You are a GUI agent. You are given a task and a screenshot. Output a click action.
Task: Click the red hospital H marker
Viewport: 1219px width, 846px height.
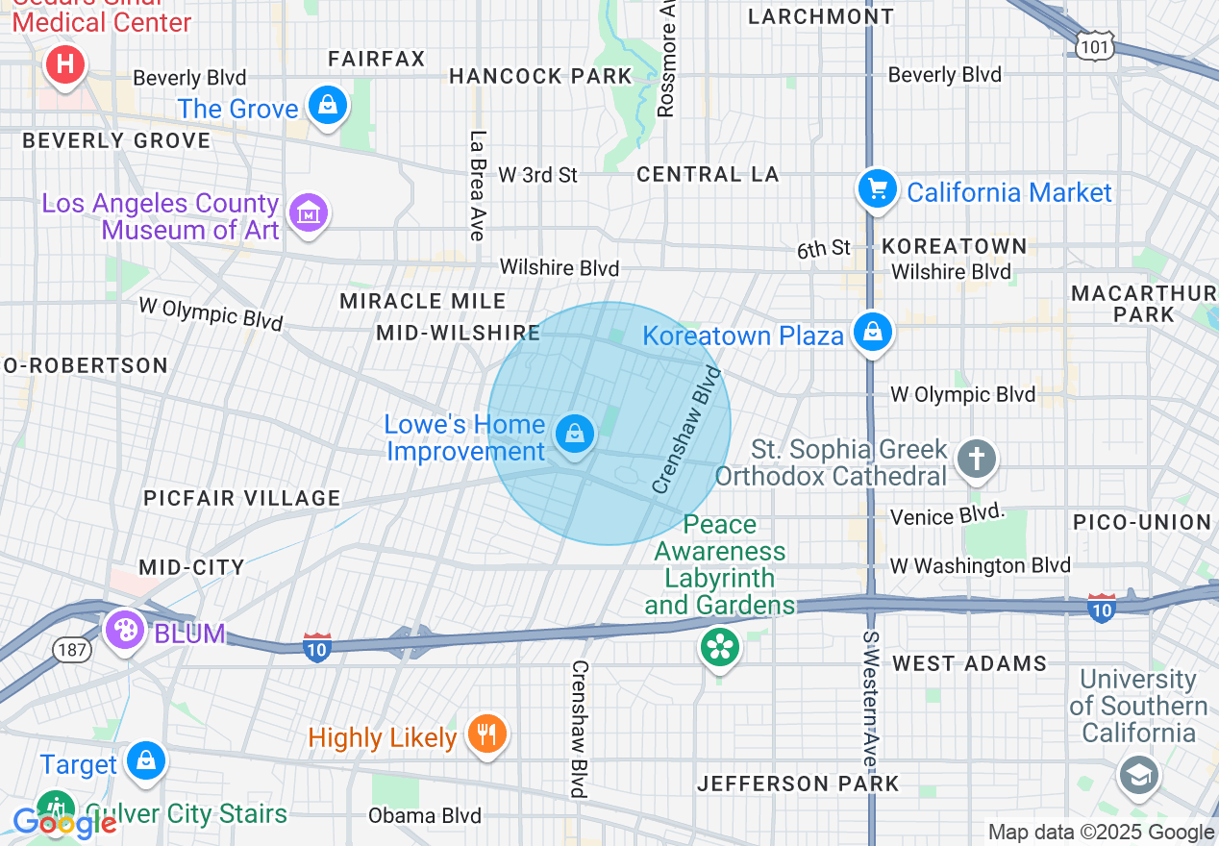64,65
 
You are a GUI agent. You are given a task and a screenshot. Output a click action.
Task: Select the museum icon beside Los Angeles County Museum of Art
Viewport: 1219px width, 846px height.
308,212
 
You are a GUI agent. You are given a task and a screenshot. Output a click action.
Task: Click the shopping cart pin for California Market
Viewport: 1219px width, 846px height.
877,187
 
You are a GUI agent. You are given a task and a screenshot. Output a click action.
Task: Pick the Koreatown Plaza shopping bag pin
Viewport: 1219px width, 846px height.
872,332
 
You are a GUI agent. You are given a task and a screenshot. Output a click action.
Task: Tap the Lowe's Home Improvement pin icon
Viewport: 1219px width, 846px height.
574,434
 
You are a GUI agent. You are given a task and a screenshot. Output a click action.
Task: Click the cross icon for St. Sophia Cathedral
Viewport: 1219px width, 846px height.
977,459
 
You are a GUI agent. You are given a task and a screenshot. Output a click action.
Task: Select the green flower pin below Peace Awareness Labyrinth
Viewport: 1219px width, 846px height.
719,646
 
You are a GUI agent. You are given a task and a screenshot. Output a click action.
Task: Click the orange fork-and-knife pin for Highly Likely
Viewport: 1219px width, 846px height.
486,734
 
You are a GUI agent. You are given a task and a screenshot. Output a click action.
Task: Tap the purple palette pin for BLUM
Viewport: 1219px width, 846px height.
125,631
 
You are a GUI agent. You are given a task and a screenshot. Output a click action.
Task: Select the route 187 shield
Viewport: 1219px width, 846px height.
73,650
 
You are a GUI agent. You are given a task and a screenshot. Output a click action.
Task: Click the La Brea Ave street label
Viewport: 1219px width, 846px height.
478,185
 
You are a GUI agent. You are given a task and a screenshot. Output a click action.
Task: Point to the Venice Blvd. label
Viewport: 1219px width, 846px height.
948,516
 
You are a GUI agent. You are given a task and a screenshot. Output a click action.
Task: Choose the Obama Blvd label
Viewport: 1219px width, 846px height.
425,816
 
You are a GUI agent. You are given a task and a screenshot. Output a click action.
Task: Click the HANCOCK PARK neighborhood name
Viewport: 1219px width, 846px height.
540,76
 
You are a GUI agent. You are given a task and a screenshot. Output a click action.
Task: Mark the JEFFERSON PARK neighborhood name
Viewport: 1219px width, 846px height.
798,784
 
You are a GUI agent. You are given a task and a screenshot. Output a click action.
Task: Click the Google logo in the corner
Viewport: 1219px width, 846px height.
64,823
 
